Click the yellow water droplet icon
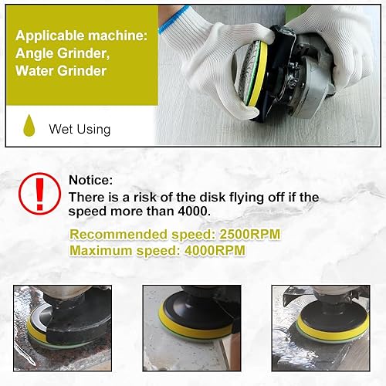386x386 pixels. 29,126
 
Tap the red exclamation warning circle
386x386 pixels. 39,194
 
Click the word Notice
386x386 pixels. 90,180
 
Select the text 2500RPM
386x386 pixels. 249,235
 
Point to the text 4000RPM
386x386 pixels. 215,250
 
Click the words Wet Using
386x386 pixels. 80,129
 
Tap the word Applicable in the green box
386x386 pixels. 49,36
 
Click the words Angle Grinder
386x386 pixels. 63,53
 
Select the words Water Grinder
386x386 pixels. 61,71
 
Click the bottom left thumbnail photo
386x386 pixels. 63,328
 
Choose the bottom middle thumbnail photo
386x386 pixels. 192,328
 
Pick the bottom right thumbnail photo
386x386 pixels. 321,328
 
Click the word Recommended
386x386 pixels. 119,235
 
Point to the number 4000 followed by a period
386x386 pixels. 194,212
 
